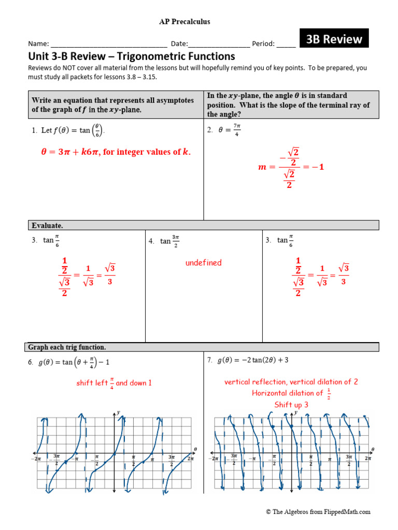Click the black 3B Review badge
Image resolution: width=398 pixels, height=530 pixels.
pyautogui.click(x=334, y=39)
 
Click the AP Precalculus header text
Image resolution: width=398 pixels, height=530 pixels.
pyautogui.click(x=184, y=22)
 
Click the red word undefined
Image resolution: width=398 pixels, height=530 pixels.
pyautogui.click(x=203, y=263)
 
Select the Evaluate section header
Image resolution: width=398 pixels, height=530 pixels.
pyautogui.click(x=48, y=226)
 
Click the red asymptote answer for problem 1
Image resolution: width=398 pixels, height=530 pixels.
pyautogui.click(x=116, y=152)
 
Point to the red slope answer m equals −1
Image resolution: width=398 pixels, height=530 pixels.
pyautogui.click(x=291, y=168)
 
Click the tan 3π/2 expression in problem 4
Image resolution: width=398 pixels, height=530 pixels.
pyautogui.click(x=169, y=241)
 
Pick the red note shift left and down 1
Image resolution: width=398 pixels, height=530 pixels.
pyautogui.click(x=114, y=383)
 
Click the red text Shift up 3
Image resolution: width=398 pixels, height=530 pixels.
pyautogui.click(x=291, y=405)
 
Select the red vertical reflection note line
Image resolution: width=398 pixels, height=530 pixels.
pyautogui.click(x=291, y=382)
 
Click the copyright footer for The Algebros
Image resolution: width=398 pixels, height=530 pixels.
pyautogui.click(x=318, y=512)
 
